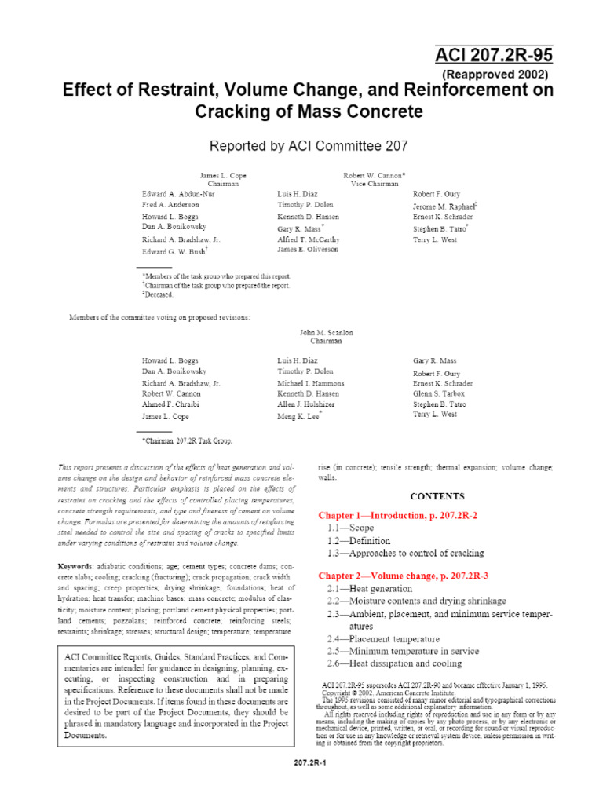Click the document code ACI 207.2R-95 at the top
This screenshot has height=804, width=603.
[493, 56]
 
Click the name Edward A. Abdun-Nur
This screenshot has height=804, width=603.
[177, 193]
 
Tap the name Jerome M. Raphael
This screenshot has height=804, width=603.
[445, 206]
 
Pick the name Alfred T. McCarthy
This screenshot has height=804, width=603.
[309, 239]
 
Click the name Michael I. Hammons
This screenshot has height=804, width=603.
[311, 383]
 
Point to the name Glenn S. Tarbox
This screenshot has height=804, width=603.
[440, 393]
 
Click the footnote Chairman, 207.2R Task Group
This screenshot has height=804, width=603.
[188, 441]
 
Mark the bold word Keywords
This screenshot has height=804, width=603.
[75, 566]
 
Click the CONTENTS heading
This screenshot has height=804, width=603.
[437, 496]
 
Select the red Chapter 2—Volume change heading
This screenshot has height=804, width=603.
[403, 576]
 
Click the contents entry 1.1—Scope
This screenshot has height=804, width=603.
[353, 528]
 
